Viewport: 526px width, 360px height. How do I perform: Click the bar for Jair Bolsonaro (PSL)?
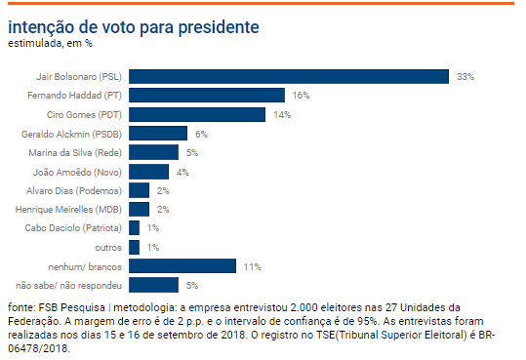point(288,76)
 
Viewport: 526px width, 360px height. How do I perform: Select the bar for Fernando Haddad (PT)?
point(206,95)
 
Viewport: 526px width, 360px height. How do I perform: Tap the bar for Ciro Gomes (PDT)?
point(196,114)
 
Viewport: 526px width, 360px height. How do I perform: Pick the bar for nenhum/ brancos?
point(182,266)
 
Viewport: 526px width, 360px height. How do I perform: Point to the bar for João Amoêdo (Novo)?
point(148,172)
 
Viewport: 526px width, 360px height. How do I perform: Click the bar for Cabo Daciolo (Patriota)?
point(134,228)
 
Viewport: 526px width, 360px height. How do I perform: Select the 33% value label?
point(465,76)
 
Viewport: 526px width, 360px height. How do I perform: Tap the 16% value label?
point(301,95)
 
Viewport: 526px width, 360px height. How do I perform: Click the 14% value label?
point(281,114)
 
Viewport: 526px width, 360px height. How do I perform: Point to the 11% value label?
point(252,266)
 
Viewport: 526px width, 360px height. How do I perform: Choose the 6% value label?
point(201,134)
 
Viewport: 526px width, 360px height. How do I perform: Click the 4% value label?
point(182,172)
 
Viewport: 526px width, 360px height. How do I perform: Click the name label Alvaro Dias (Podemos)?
point(81,190)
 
